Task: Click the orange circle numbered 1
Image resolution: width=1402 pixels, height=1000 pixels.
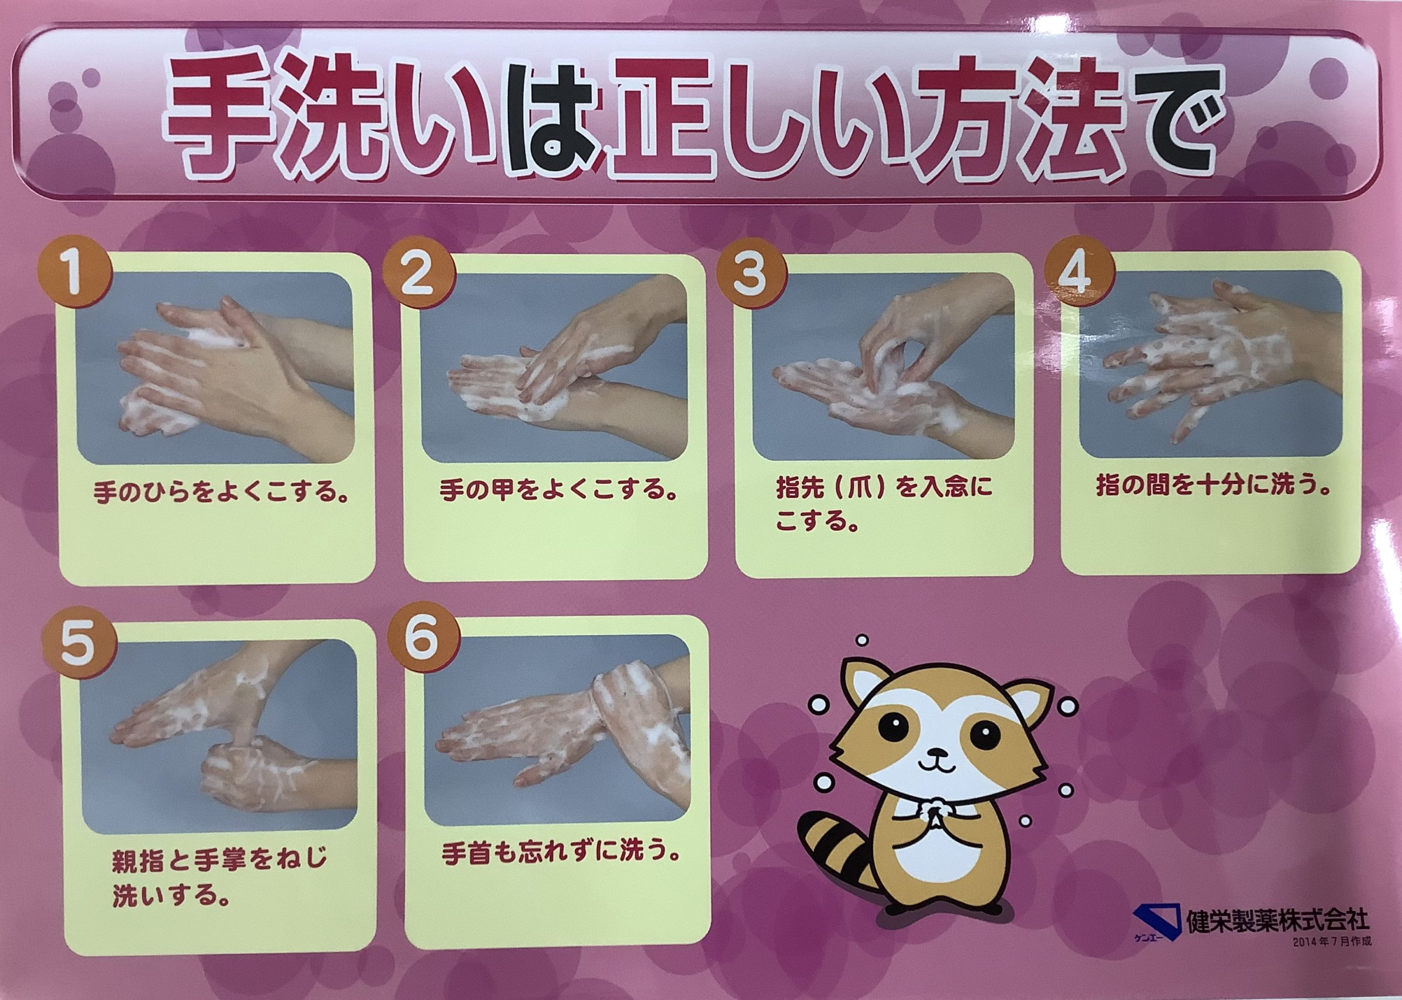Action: (76, 277)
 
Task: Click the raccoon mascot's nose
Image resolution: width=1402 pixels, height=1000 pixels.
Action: (937, 752)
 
